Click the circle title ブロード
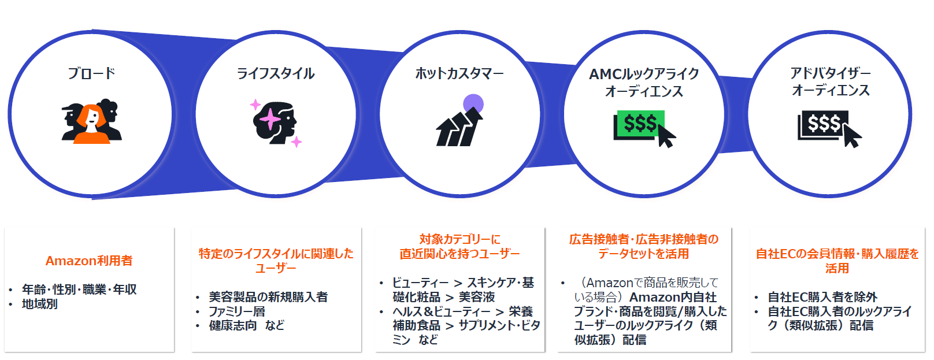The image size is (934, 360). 91,73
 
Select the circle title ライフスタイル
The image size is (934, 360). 276,73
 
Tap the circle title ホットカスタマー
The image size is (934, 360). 459,73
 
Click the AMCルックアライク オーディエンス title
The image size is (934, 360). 644,82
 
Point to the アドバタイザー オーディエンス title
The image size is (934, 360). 831,81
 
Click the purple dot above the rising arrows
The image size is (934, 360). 473,104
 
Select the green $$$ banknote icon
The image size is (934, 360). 640,123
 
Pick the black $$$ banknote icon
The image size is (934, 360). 824,124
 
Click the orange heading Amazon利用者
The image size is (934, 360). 89,261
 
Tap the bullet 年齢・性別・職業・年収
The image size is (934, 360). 79,289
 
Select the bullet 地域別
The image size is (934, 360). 40,303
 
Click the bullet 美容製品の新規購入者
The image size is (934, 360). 268,296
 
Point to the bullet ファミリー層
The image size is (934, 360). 237,311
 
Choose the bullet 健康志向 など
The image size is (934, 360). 247,325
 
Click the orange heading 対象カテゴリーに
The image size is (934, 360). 459,239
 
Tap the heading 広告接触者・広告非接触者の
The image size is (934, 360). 644,239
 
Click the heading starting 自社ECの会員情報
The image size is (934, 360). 837,254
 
